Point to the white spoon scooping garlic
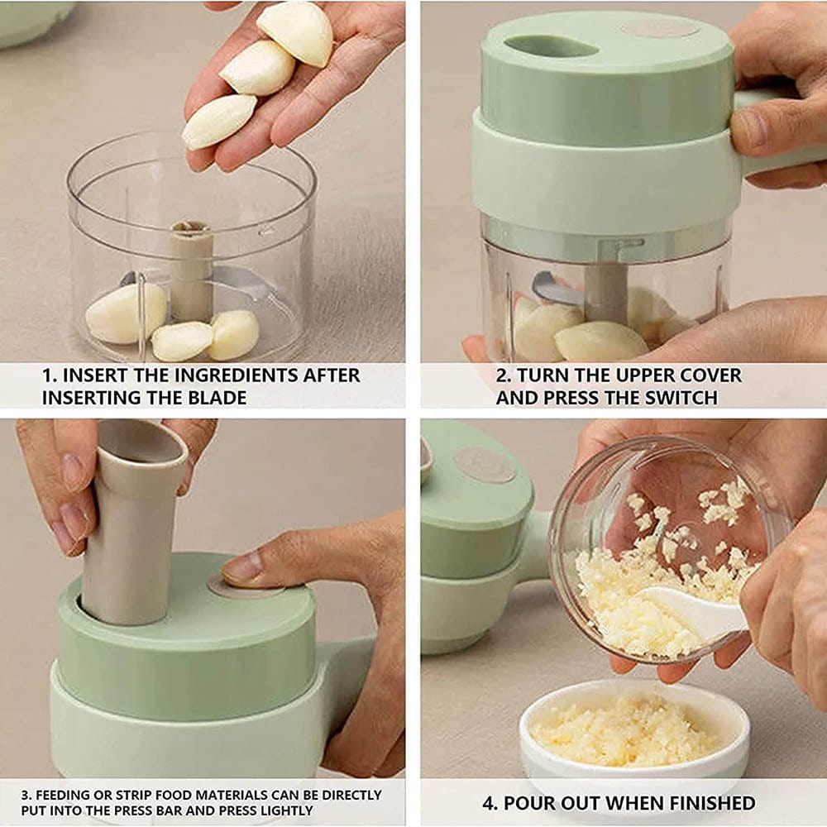click(x=695, y=612)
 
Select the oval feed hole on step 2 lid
click(x=551, y=46)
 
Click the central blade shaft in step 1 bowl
click(x=191, y=269)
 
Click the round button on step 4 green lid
click(x=485, y=465)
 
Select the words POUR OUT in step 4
click(x=547, y=802)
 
